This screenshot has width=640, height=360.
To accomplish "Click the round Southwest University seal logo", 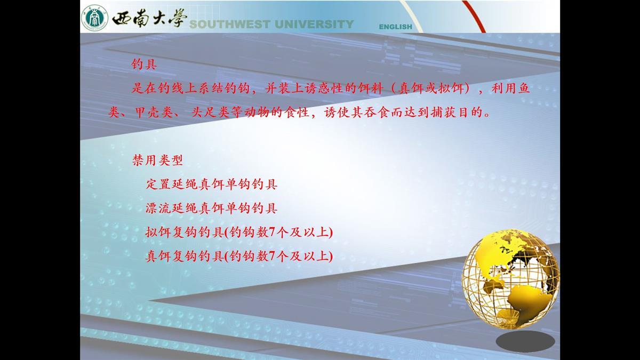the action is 94,18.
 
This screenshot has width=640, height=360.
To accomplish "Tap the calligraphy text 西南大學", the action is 149,18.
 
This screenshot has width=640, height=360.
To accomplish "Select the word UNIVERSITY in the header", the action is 314,25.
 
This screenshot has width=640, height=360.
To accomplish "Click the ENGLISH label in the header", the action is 395,27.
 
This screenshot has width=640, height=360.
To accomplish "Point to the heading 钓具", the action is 145,65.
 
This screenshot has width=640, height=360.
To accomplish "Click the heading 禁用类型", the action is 157,160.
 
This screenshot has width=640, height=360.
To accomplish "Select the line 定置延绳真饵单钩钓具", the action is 211,184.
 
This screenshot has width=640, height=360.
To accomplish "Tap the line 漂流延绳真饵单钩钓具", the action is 211,208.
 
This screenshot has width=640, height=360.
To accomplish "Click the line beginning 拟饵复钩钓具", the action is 239,232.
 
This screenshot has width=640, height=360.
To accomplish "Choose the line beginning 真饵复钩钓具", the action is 239,256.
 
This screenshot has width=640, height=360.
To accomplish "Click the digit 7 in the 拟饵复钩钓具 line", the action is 271,233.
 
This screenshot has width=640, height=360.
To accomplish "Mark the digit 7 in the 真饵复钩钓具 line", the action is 271,257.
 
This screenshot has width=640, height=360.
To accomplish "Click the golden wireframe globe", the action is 510,278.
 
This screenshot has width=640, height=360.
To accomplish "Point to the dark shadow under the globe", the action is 525,341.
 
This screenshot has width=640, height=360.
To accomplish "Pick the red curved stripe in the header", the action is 474,15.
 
